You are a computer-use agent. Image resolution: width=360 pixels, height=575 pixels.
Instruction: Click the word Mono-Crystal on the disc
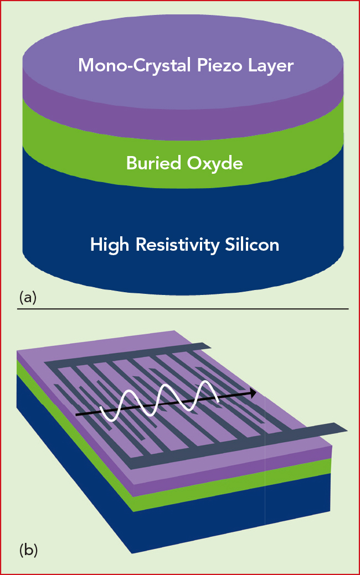tap(135, 65)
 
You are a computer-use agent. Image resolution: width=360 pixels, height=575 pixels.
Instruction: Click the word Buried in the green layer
tap(154, 163)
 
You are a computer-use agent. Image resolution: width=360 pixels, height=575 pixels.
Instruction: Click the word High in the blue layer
tap(110, 245)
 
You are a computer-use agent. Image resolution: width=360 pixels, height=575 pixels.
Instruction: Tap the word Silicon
tap(252, 244)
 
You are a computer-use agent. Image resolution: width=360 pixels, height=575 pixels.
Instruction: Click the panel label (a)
tap(28, 297)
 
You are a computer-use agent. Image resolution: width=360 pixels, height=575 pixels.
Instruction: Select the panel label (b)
tap(28, 550)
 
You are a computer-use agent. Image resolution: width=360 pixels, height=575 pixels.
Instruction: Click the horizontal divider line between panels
tap(183, 309)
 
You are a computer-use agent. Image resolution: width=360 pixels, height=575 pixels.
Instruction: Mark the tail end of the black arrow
tap(75, 415)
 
